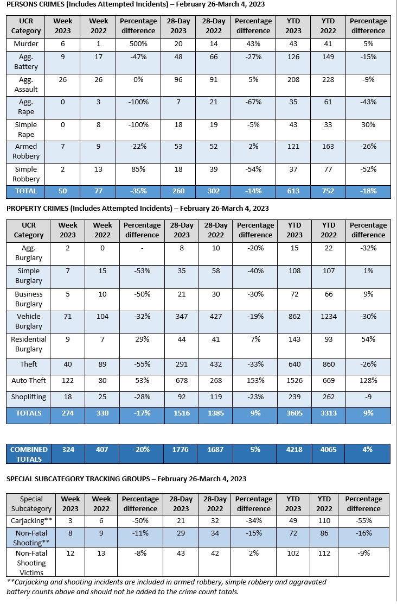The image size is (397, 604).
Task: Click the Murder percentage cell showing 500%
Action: tap(138, 43)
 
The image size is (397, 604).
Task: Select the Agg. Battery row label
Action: tap(26, 61)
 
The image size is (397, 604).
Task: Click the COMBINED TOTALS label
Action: tap(29, 454)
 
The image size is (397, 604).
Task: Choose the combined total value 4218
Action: tap(294, 449)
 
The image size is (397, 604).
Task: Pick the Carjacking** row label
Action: tap(31, 520)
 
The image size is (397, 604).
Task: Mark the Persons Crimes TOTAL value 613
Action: tap(294, 191)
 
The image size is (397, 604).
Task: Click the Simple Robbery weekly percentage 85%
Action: tap(138, 169)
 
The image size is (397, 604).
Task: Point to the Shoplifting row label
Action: tap(29, 397)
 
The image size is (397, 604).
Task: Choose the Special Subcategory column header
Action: tap(31, 504)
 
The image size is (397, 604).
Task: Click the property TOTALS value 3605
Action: tap(294, 413)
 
